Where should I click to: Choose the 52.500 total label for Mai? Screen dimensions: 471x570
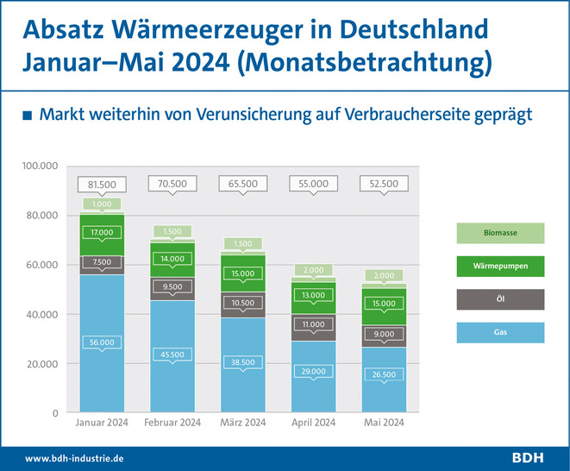(384, 184)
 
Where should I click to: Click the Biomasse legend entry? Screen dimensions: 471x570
(500, 232)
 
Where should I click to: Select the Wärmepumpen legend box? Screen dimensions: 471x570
(500, 266)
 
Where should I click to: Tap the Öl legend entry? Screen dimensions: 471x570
(500, 299)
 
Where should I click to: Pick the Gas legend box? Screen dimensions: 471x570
(500, 332)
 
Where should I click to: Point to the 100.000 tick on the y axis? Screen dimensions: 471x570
(40, 166)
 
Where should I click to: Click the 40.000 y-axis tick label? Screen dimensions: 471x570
(43, 314)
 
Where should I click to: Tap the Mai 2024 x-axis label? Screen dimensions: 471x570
(384, 423)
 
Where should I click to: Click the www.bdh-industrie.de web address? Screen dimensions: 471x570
(75, 458)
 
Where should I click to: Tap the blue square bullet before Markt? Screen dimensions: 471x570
(28, 116)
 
